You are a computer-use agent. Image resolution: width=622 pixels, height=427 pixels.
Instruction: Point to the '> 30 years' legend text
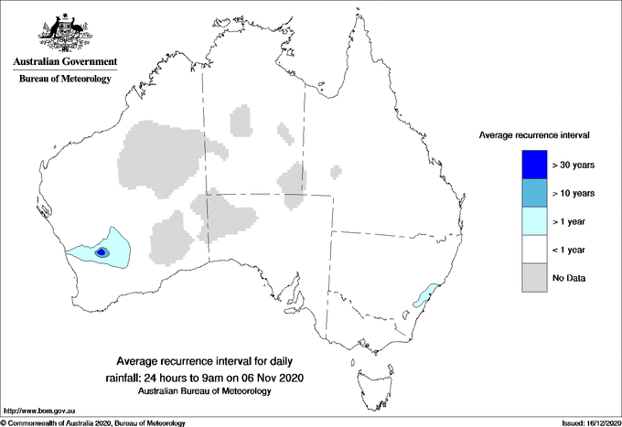tap(574, 165)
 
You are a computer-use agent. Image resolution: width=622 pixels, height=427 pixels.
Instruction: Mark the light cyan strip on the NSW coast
tap(425, 294)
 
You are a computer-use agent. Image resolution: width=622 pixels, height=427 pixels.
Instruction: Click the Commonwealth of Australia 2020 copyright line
tap(92, 422)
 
